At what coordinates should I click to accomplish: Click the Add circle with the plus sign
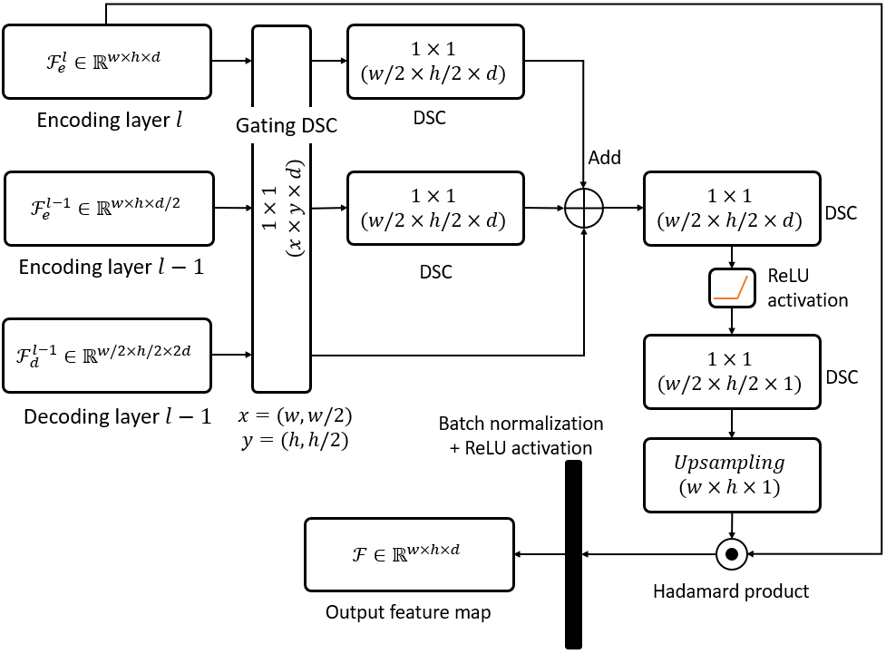[x=584, y=209]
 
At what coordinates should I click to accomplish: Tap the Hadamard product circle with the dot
[x=730, y=552]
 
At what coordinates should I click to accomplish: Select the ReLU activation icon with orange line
[x=731, y=288]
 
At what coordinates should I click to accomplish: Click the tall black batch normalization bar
[x=573, y=554]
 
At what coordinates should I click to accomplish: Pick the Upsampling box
[x=731, y=474]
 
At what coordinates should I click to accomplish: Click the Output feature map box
[x=409, y=553]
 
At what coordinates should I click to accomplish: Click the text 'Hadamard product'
[x=731, y=591]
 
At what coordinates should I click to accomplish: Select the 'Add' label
[x=604, y=158]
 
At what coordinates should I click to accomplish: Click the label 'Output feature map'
[x=408, y=613]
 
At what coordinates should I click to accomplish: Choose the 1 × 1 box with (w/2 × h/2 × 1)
[x=731, y=371]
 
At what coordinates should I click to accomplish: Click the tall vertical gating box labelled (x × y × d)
[x=282, y=208]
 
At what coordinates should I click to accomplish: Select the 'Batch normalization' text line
[x=520, y=424]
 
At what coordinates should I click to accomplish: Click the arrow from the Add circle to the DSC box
[x=623, y=209]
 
